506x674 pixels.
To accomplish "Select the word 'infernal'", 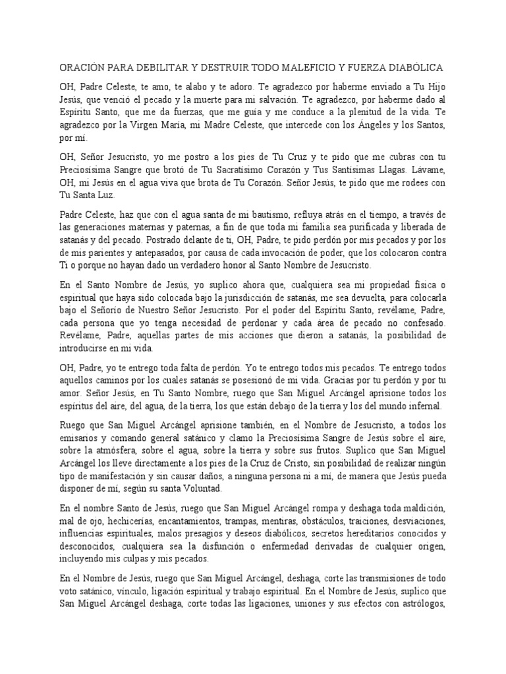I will pyautogui.click(x=422, y=405).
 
